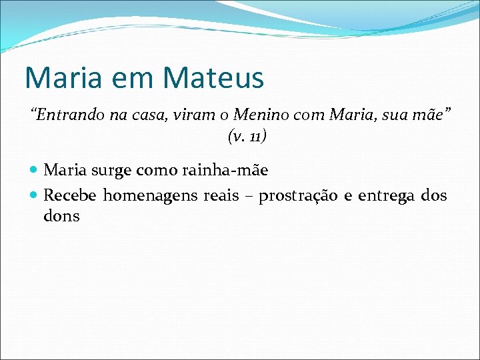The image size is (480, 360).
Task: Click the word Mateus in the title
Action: pos(213,77)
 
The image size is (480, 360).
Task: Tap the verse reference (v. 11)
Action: pos(247,137)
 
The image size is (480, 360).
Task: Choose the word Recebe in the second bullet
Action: pos(71,195)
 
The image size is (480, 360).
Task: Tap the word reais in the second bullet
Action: pos(221,195)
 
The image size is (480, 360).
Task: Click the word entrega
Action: pos(386,196)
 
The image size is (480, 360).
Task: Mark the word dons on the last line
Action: pos(61,216)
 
